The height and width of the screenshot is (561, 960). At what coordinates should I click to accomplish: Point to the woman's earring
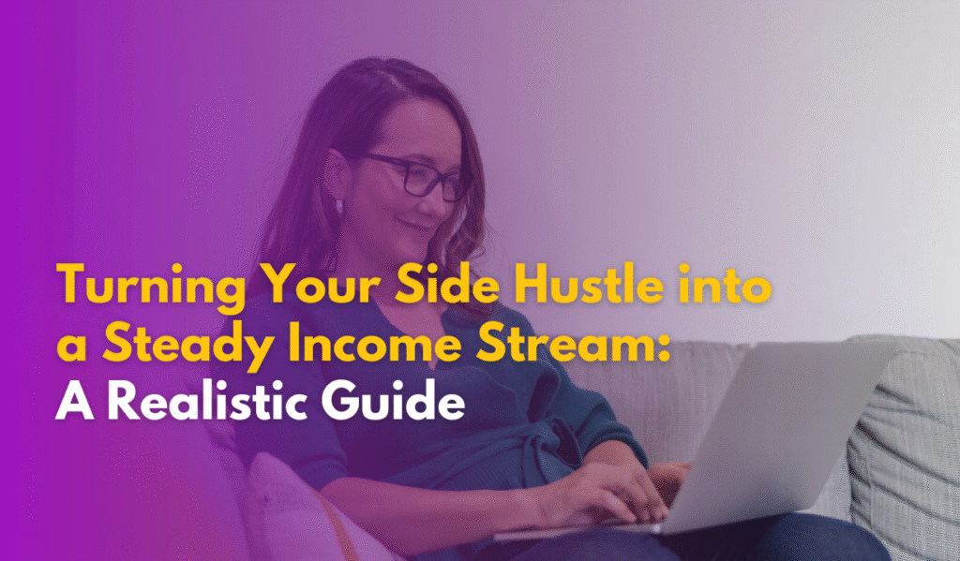coord(338,206)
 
